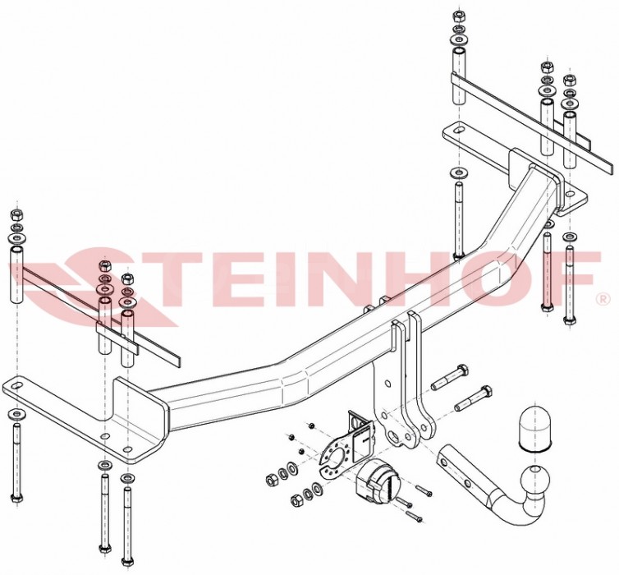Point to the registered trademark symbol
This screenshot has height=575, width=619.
pyautogui.click(x=603, y=300)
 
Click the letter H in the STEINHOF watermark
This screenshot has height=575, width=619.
pyautogui.click(x=447, y=278)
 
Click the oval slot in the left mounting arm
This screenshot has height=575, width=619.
pyautogui.click(x=15, y=385)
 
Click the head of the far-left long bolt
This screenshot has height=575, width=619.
pyautogui.click(x=16, y=499)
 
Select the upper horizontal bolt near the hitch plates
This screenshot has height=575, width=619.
pyautogui.click(x=450, y=378)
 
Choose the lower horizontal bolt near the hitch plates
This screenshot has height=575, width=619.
pyautogui.click(x=474, y=398)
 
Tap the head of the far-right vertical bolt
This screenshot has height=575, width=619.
pyautogui.click(x=568, y=320)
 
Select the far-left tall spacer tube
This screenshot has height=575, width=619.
pyautogui.click(x=16, y=275)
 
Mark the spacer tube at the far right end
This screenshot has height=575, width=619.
pyautogui.click(x=571, y=140)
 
